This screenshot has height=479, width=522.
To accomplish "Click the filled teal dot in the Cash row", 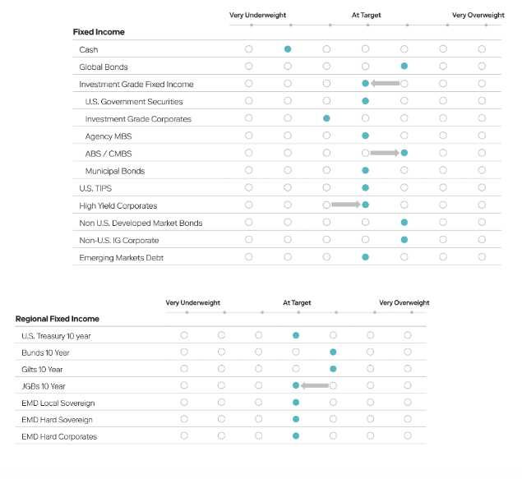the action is (288, 49).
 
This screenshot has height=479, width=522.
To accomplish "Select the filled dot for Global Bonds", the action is (404, 67).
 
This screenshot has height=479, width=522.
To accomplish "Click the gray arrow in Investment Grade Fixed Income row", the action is (385, 83).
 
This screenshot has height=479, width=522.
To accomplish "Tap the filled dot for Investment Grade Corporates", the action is (326, 118).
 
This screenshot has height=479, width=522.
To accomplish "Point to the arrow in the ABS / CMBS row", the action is (385, 153).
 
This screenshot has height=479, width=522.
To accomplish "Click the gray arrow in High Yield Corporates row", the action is (346, 205).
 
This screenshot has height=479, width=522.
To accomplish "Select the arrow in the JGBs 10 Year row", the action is (315, 385).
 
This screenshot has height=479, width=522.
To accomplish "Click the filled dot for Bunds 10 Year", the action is (333, 352).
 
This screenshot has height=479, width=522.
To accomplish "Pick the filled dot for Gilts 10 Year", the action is (333, 369).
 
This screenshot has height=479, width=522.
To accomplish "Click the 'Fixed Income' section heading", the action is (99, 32).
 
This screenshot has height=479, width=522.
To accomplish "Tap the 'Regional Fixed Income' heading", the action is (58, 319).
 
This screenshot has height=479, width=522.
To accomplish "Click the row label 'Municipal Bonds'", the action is (115, 171).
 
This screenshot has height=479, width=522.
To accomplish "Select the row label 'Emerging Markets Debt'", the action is (121, 258).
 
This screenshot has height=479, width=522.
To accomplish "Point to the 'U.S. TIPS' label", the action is (95, 188).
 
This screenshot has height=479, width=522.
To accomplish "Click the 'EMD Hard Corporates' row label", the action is (59, 436).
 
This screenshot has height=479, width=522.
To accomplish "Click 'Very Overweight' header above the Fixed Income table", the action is (478, 15).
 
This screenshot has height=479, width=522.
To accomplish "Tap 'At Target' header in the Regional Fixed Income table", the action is (297, 302).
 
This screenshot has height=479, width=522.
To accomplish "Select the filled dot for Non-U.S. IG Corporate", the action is (404, 240).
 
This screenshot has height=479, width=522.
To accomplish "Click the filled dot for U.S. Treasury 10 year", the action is (296, 335).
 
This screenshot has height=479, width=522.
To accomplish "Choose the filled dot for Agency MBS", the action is (365, 136).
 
